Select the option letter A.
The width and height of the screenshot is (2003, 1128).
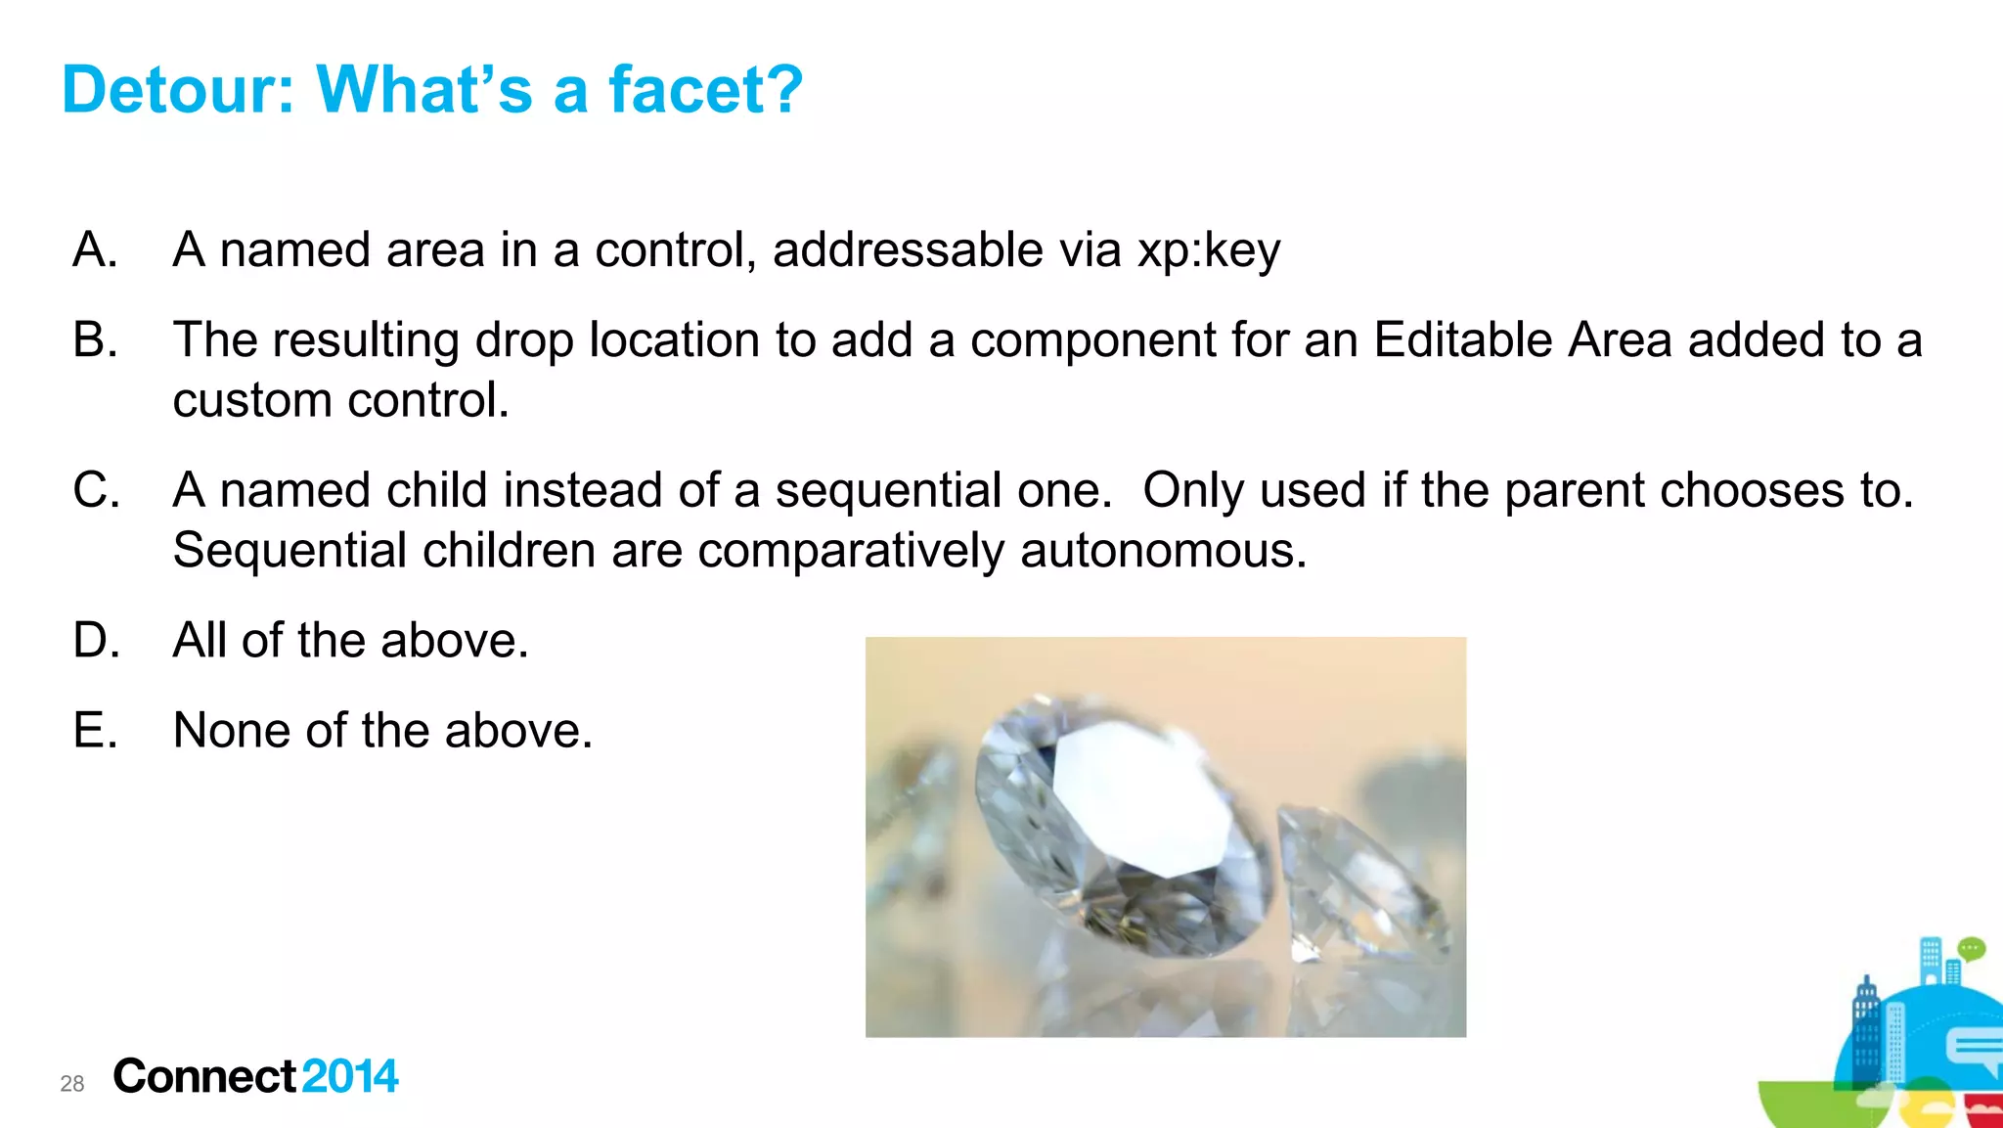pos(95,249)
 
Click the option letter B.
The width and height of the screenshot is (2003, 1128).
pos(95,340)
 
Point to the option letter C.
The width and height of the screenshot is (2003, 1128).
pos(96,490)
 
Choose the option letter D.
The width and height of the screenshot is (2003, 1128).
pos(96,641)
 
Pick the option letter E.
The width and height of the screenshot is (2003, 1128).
pos(95,731)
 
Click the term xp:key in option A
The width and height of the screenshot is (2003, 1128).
pos(1208,250)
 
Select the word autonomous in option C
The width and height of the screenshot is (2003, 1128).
pos(1163,551)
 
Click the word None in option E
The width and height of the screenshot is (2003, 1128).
pos(231,731)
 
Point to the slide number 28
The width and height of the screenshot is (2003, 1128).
pos(72,1083)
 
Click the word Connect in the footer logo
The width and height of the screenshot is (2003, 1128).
pos(204,1076)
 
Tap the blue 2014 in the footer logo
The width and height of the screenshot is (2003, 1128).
pos(350,1076)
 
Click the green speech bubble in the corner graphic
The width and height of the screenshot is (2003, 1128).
pos(1971,948)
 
